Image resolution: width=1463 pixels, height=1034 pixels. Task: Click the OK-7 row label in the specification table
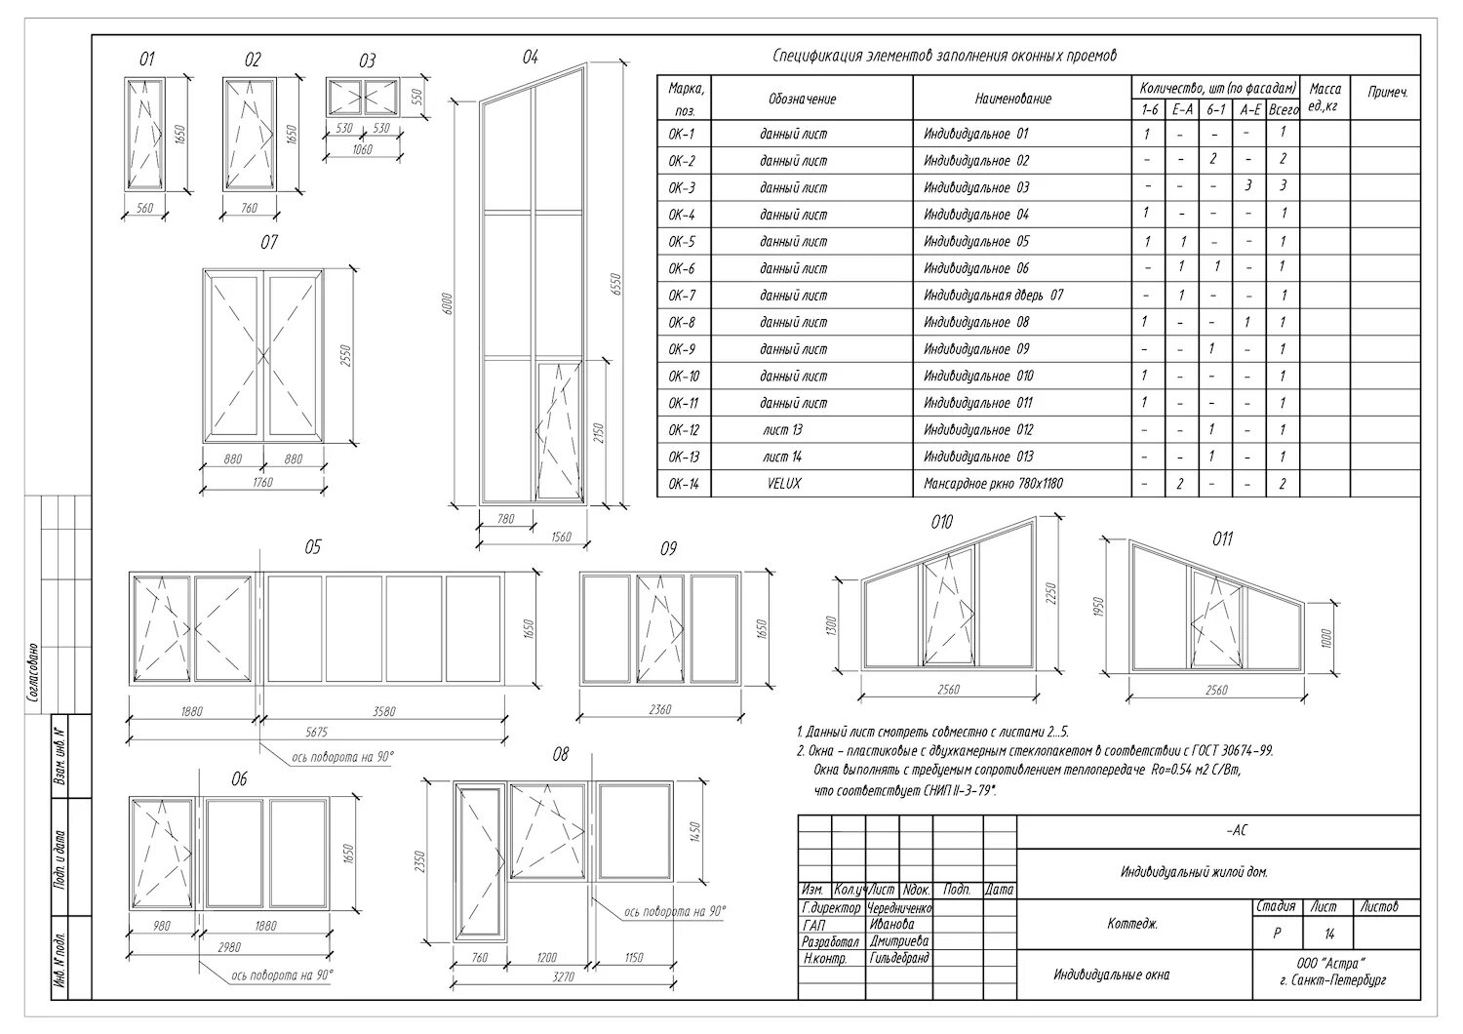[x=682, y=296]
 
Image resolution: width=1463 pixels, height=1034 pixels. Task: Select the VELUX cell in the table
[x=784, y=484]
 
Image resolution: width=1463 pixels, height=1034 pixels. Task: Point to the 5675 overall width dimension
[x=316, y=733]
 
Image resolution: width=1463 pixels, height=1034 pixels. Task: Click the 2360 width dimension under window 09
[x=659, y=710]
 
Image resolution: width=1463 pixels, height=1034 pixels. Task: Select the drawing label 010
[x=941, y=523]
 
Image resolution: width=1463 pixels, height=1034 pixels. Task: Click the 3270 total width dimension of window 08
[x=563, y=976]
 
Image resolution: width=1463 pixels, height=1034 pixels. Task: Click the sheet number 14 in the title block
[x=1328, y=934]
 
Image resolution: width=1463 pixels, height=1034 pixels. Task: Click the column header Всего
[x=1284, y=111]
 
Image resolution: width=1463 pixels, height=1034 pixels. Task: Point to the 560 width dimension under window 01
[x=145, y=208]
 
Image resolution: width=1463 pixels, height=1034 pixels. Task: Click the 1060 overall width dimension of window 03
[x=362, y=149]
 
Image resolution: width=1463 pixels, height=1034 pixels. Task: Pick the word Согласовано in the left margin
[x=32, y=673]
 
